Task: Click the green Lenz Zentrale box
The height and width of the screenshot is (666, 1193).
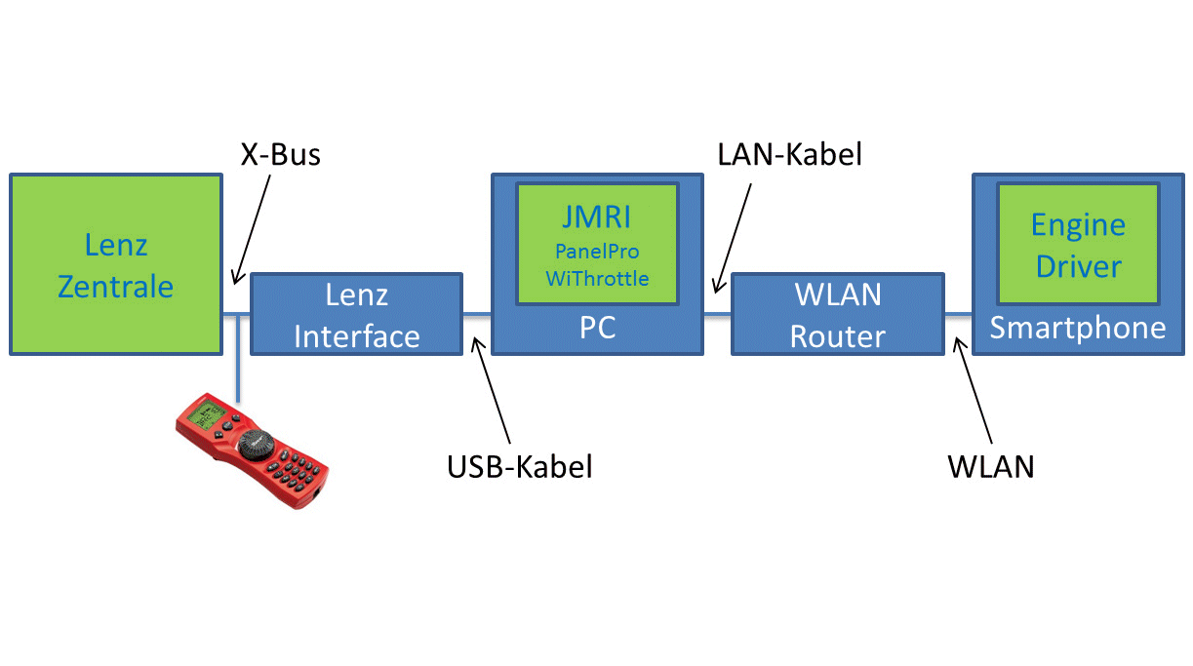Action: tap(115, 264)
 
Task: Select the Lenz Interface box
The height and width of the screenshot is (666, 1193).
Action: tap(356, 314)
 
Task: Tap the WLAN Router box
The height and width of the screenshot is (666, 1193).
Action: tap(838, 314)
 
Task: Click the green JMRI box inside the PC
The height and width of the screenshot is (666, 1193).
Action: tap(597, 244)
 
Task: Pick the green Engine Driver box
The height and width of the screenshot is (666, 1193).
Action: tap(1079, 244)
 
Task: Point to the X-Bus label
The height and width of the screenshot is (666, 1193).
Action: tap(281, 154)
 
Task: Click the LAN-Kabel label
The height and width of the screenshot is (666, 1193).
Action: tap(790, 154)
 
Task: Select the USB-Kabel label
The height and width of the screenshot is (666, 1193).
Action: tap(520, 467)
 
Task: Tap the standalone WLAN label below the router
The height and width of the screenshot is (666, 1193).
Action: tap(991, 467)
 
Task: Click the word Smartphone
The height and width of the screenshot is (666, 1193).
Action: tap(1078, 328)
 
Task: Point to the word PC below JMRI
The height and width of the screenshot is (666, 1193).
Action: tap(598, 328)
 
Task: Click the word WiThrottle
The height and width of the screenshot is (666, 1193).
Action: tap(597, 279)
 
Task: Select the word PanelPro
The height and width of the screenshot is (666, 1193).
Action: tap(597, 252)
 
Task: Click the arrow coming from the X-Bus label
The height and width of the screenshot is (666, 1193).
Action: tap(252, 229)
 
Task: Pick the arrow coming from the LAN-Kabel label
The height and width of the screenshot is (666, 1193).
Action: tap(733, 238)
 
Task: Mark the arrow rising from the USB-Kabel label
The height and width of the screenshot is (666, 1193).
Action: tap(491, 390)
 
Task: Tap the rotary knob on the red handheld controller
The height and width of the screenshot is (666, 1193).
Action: tap(256, 445)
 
